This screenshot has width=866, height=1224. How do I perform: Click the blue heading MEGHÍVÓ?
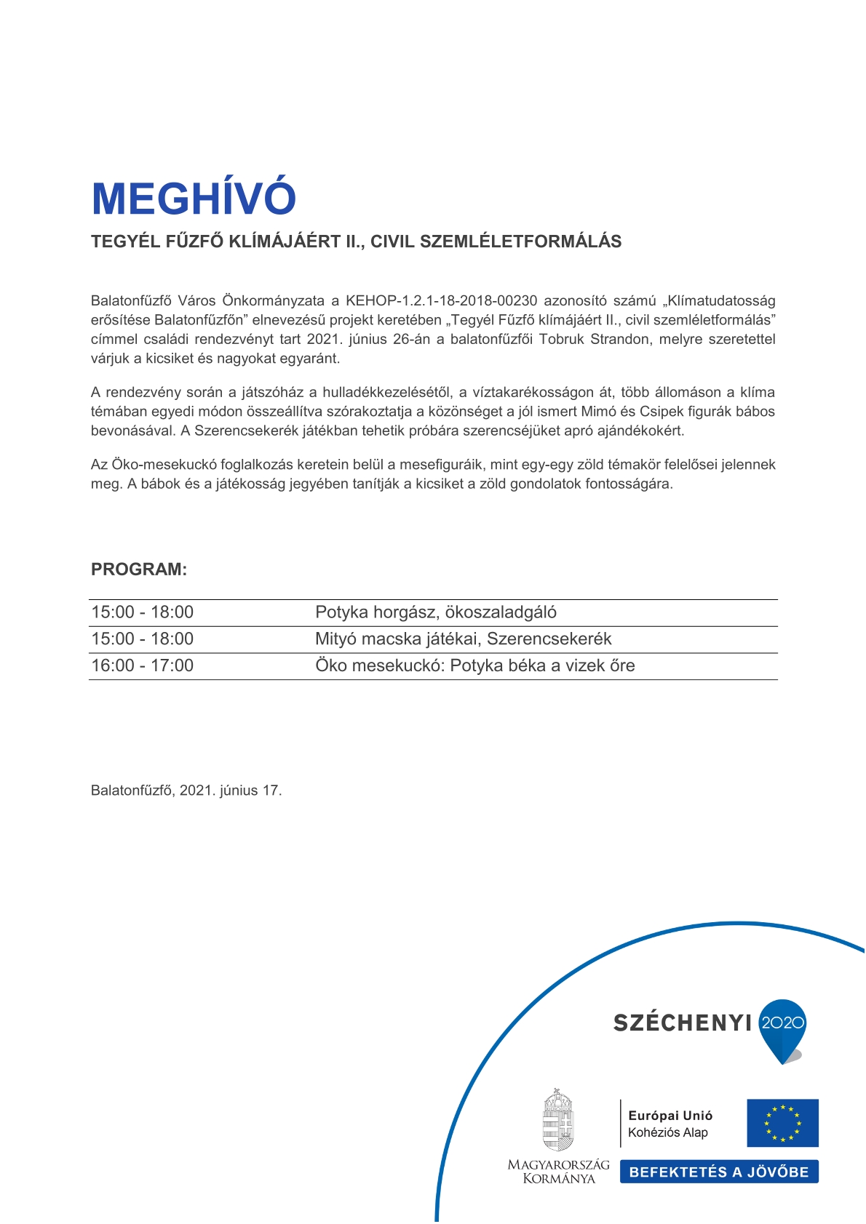[x=194, y=198]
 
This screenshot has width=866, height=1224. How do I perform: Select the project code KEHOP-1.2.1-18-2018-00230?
[x=441, y=301]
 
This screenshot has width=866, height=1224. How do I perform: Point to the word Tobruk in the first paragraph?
[x=561, y=340]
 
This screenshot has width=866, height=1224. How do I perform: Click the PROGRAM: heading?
[x=139, y=569]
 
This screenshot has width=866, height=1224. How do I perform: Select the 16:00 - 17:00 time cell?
[x=143, y=665]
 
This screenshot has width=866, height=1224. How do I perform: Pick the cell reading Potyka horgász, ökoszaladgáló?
[x=436, y=612]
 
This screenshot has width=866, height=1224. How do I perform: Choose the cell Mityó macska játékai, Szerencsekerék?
[x=463, y=639]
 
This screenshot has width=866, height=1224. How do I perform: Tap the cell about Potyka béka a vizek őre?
[x=474, y=665]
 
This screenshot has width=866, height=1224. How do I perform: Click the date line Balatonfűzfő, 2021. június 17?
[x=186, y=791]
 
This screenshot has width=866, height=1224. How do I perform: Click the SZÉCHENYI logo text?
[x=682, y=1023]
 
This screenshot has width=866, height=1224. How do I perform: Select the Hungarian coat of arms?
[x=558, y=1121]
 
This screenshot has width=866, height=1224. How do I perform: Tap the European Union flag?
[x=782, y=1123]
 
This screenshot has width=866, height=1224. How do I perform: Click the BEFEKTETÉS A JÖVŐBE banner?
[x=719, y=1172]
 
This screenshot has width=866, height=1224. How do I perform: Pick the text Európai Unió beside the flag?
[x=670, y=1116]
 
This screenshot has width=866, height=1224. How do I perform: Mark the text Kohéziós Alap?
[x=668, y=1132]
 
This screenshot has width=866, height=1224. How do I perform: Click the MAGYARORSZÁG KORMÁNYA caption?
[x=558, y=1172]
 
